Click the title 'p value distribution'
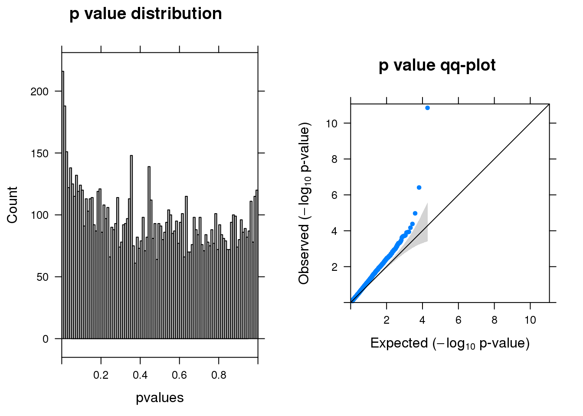click(x=146, y=14)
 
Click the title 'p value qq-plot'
click(x=437, y=65)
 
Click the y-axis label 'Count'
click(x=12, y=205)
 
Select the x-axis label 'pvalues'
click(x=160, y=398)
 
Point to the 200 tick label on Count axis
click(x=39, y=91)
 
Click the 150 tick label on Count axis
click(x=39, y=153)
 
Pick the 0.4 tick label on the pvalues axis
click(x=140, y=375)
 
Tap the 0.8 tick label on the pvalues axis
click(x=219, y=375)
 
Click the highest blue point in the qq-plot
click(x=427, y=108)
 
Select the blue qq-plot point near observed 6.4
click(x=419, y=188)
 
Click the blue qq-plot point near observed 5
click(x=415, y=213)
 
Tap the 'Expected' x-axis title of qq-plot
click(x=450, y=343)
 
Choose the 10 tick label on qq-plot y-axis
click(x=331, y=124)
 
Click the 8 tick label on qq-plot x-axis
click(x=495, y=320)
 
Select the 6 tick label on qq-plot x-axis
click(x=459, y=320)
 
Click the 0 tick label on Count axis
click(x=46, y=339)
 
